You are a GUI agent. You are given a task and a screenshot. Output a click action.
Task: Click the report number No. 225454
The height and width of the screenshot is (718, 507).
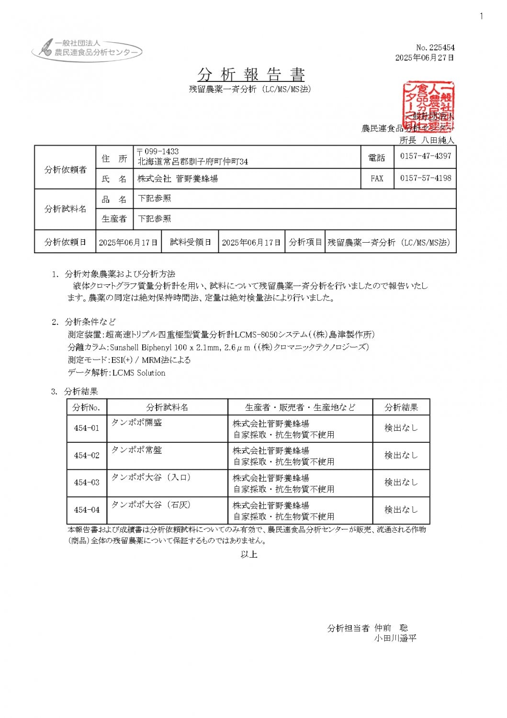tap(435, 47)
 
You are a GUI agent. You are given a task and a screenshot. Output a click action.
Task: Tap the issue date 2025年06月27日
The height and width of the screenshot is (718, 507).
tap(424, 58)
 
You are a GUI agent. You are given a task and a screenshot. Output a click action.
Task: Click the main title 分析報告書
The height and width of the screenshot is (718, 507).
tap(251, 75)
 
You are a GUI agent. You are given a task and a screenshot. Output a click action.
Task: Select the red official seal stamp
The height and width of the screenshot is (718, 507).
tap(428, 105)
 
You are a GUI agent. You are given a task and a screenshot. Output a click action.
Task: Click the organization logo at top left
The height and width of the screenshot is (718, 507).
tap(87, 49)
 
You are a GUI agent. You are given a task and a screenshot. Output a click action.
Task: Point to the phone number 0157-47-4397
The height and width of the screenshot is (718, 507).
tap(426, 156)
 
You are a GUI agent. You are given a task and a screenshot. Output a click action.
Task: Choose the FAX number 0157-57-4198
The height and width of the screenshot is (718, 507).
tap(426, 178)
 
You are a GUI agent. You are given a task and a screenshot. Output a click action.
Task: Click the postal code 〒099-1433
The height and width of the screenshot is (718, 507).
tap(158, 151)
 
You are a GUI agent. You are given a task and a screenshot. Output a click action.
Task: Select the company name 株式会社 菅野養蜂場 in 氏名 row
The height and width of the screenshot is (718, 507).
tap(178, 179)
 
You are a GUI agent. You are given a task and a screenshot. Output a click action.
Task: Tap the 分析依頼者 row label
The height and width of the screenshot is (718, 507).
tap(66, 169)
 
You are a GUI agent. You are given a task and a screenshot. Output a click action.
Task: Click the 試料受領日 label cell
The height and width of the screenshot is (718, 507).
tap(190, 242)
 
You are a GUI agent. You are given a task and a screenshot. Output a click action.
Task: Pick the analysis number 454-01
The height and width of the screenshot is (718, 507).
tap(87, 428)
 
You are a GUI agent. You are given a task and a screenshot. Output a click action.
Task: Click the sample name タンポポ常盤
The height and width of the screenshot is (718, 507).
tap(136, 450)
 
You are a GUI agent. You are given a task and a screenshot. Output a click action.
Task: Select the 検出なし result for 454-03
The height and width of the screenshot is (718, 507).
tap(401, 482)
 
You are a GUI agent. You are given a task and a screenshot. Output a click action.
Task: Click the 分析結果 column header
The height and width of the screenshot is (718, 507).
tap(401, 407)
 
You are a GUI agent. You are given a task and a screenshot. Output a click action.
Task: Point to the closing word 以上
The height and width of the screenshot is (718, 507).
tap(249, 554)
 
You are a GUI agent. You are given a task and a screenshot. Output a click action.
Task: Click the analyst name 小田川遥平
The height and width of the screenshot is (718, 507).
tap(395, 638)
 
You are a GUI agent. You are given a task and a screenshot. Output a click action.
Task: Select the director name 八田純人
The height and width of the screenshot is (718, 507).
tap(438, 140)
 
